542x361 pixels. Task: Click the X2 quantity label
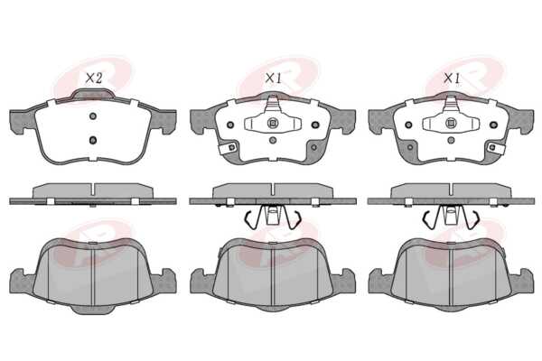pyautogui.click(x=94, y=79)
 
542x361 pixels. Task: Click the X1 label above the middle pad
pyautogui.click(x=274, y=79)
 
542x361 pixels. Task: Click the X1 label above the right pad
pyautogui.click(x=452, y=79)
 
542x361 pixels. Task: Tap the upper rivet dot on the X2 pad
pyautogui.click(x=93, y=116)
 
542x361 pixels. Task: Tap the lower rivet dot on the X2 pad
pyautogui.click(x=93, y=140)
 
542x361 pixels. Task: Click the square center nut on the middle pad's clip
pyautogui.click(x=273, y=123)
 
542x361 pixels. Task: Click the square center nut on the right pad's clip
pyautogui.click(x=451, y=123)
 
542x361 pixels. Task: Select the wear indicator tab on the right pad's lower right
pyautogui.click(x=496, y=148)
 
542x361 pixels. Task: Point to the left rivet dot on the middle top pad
pyautogui.click(x=231, y=125)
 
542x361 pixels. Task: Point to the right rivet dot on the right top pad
pyautogui.click(x=493, y=125)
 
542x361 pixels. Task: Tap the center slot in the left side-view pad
pyautogui.click(x=93, y=190)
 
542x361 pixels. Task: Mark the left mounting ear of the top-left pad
pyautogui.click(x=22, y=122)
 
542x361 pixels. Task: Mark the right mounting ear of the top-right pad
pyautogui.click(x=521, y=122)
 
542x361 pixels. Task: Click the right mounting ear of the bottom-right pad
pyautogui.click(x=521, y=281)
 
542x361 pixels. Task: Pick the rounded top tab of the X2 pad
pyautogui.click(x=93, y=94)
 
